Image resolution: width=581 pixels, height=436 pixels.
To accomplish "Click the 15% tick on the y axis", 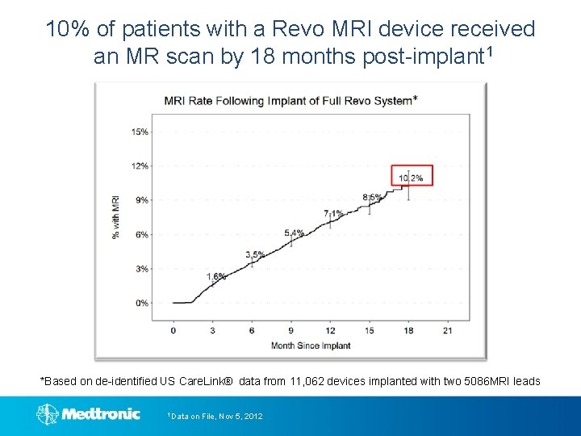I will pyautogui.click(x=140, y=132).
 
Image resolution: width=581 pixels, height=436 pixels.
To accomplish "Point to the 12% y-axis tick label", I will pyautogui.click(x=140, y=166).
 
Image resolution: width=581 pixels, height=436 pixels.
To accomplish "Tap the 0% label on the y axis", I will pyautogui.click(x=142, y=303).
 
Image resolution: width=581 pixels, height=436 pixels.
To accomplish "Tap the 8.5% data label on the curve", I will pyautogui.click(x=372, y=197).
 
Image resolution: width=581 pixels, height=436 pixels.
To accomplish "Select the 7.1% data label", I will pyautogui.click(x=333, y=214).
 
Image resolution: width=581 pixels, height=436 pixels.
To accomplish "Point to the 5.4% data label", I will pyautogui.click(x=294, y=233).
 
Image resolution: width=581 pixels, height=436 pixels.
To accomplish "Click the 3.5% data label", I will pyautogui.click(x=255, y=255).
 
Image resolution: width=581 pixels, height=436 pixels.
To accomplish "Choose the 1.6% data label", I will pyautogui.click(x=215, y=277).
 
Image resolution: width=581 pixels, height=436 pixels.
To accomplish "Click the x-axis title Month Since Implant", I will pyautogui.click(x=311, y=346).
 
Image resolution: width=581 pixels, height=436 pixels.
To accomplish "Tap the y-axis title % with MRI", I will pyautogui.click(x=116, y=216).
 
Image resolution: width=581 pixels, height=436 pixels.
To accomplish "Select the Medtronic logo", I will pyautogui.click(x=89, y=414).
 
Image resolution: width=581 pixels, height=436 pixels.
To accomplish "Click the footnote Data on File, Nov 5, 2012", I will pyautogui.click(x=215, y=416).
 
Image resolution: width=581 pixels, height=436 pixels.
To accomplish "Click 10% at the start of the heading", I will pyautogui.click(x=69, y=30).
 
